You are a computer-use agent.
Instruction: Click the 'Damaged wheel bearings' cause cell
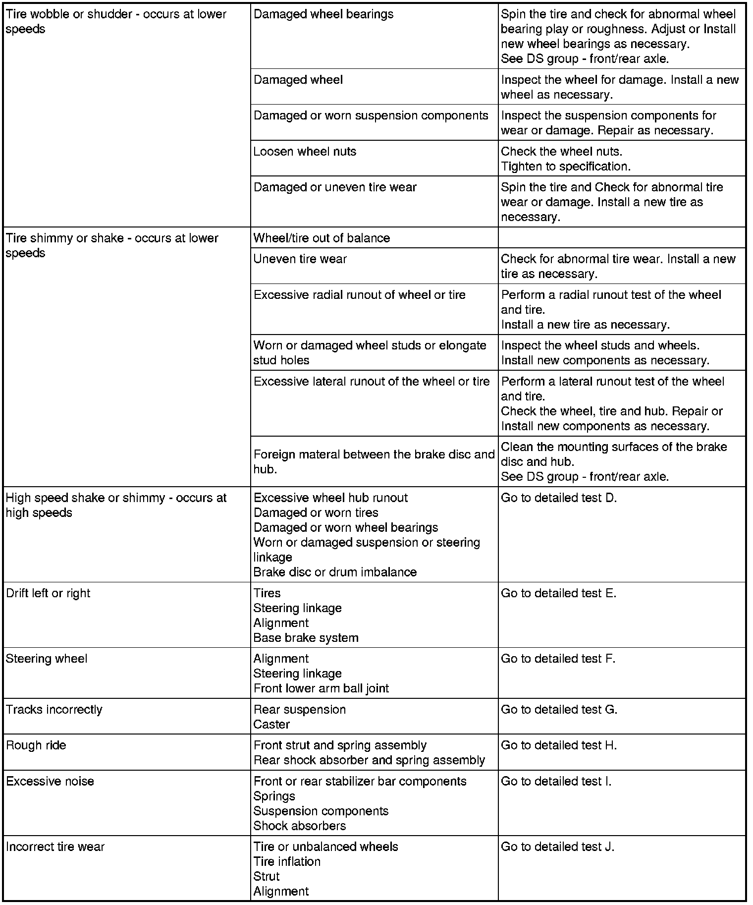click(323, 14)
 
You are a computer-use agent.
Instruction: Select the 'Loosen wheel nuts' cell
click(305, 152)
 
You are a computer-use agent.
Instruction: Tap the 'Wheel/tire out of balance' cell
click(322, 238)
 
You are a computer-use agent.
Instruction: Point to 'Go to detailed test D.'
click(559, 498)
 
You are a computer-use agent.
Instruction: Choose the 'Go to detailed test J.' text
click(557, 847)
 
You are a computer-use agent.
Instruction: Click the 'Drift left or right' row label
click(48, 593)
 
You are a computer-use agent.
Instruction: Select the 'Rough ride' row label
click(36, 745)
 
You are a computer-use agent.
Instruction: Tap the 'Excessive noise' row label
click(50, 782)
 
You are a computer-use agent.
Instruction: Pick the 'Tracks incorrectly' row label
click(54, 710)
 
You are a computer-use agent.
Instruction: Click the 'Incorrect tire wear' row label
click(55, 847)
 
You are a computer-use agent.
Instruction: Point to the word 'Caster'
click(271, 725)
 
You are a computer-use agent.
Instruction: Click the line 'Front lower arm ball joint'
click(321, 688)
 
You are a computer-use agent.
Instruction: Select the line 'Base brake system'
click(306, 638)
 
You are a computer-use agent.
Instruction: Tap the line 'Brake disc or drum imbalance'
click(335, 572)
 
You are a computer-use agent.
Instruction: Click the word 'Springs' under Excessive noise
click(274, 796)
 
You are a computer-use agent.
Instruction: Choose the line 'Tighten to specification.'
click(566, 167)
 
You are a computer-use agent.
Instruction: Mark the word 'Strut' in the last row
click(267, 876)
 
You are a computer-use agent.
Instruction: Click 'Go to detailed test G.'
click(559, 710)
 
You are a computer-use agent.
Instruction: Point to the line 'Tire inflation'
click(287, 861)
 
